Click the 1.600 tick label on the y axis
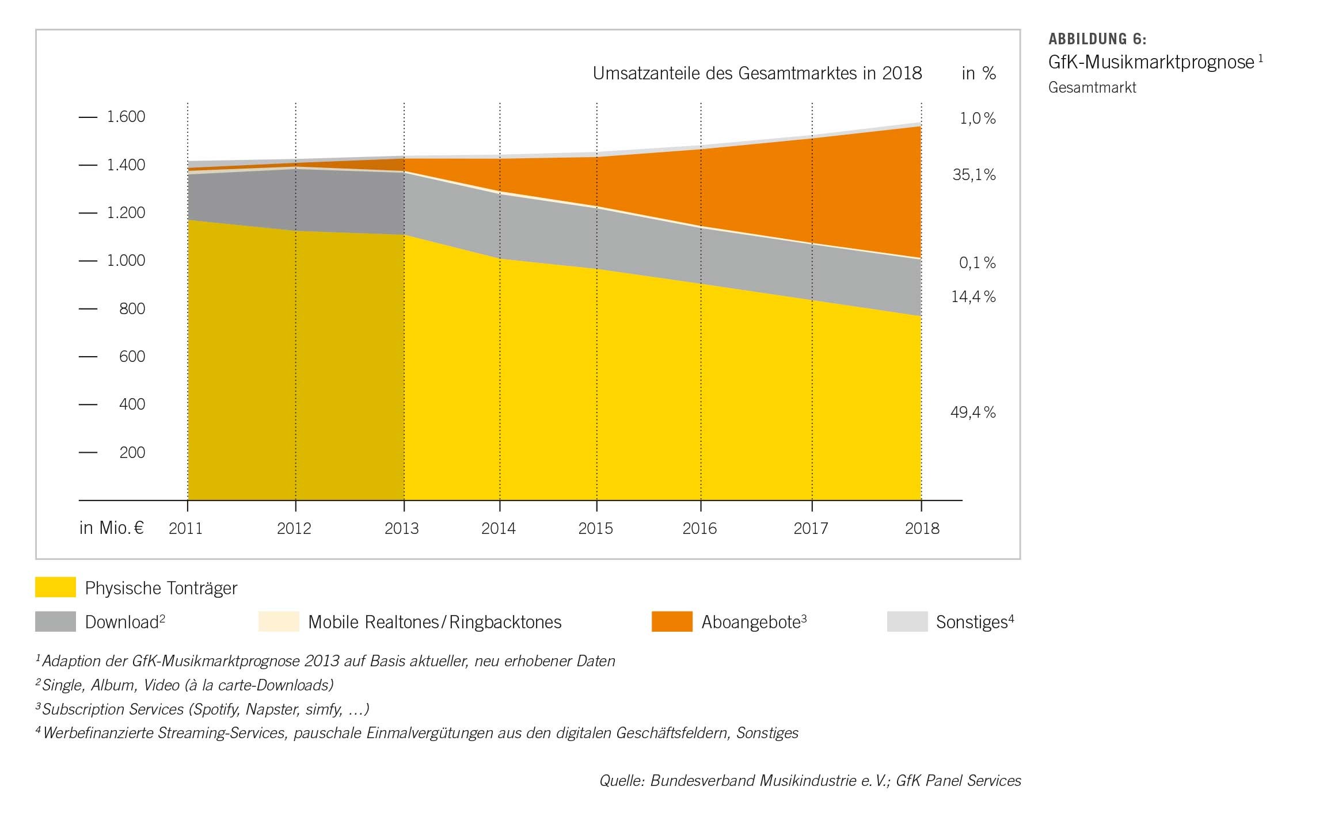126,117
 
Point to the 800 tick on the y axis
132,309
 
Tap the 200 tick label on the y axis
132,453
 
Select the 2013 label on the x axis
402,529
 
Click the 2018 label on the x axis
922,529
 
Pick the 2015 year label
595,529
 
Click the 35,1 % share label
974,175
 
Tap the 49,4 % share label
972,413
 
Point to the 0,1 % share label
976,263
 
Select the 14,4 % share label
973,297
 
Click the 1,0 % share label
977,119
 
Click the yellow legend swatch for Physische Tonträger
55,587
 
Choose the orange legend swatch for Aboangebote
671,621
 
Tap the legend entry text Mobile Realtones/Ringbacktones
435,622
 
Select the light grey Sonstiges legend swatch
907,621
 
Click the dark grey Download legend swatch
55,621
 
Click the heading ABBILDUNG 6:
1097,39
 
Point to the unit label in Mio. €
111,528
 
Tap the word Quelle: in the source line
622,781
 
